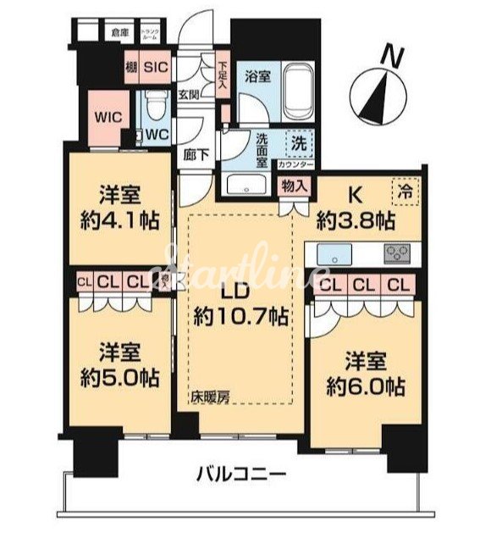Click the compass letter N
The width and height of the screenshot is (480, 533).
coord(390,57)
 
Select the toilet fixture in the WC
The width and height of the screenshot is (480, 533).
coord(152,108)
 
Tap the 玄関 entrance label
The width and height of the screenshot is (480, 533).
coord(188,95)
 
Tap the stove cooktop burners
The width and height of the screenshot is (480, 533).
coord(395,252)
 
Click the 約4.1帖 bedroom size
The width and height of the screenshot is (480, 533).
coord(115,216)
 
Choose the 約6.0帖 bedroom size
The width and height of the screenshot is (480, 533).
coord(364,386)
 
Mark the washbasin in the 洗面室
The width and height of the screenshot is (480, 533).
coord(246,186)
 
